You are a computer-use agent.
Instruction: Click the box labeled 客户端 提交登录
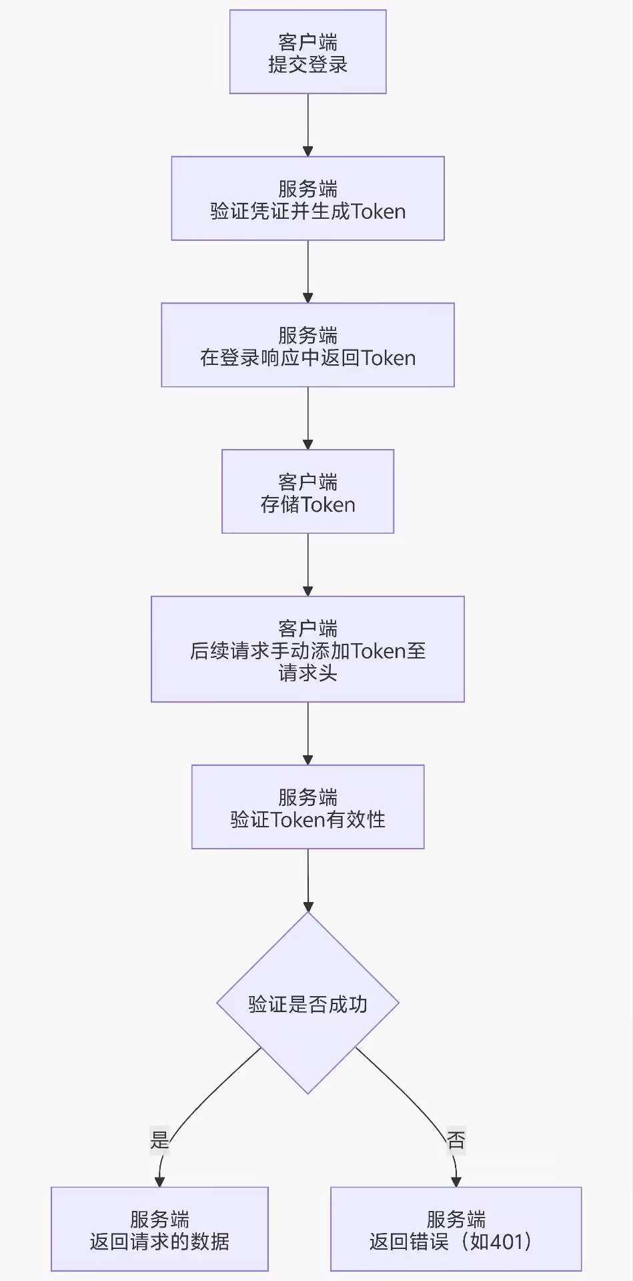(x=307, y=52)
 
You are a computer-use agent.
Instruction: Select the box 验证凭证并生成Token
(x=307, y=199)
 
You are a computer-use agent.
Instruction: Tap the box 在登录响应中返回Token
(x=307, y=345)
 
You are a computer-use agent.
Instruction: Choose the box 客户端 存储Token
(x=307, y=492)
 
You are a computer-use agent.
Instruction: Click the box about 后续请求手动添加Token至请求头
(x=307, y=649)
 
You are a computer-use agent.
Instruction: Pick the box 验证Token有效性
(x=307, y=807)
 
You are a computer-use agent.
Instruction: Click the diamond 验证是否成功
(x=307, y=1003)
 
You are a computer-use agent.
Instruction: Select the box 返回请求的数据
(x=159, y=1230)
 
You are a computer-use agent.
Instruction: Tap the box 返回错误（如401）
(x=456, y=1230)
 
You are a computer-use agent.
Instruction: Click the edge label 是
(x=159, y=1140)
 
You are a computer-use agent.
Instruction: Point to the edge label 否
(x=456, y=1140)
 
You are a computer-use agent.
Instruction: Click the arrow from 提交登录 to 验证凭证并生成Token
(x=307, y=125)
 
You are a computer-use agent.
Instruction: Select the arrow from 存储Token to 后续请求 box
(x=307, y=564)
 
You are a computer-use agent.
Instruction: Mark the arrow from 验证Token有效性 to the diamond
(x=307, y=880)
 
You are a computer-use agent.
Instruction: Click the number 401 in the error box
(x=507, y=1242)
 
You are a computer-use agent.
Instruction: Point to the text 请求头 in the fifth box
(x=307, y=673)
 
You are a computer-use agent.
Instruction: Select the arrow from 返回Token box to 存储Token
(x=307, y=418)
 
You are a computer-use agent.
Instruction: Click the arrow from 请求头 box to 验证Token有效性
(x=307, y=733)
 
